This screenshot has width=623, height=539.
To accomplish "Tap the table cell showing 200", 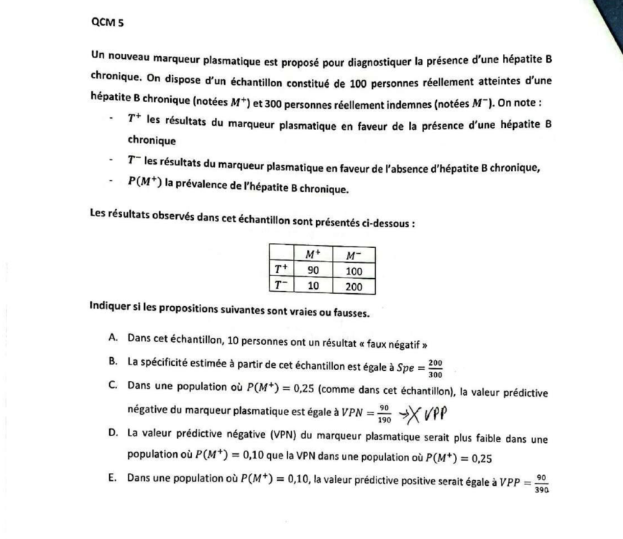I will coord(354,286).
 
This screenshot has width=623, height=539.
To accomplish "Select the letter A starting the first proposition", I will coord(114,338).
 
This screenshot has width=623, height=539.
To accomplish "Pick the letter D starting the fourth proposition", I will coord(114,438).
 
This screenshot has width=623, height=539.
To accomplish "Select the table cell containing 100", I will coord(354,271).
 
